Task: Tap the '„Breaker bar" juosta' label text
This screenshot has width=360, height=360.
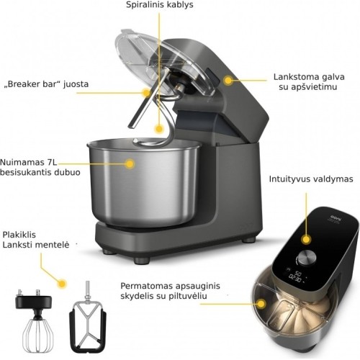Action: pos(46,84)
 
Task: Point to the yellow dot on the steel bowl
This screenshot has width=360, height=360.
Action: pos(130,164)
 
